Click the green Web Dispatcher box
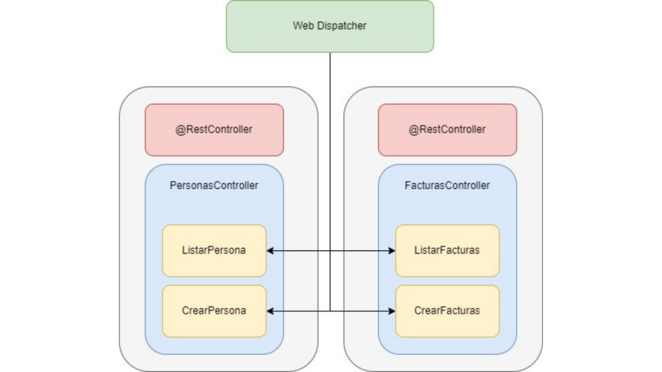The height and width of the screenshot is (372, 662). [330, 26]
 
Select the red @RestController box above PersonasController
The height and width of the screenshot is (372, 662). [214, 129]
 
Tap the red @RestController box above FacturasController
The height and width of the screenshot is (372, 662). [447, 129]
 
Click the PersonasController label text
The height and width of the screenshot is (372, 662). [214, 185]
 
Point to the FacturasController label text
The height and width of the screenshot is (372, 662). [447, 185]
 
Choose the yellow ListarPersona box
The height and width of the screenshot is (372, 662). [214, 250]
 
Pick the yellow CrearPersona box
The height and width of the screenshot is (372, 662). [214, 311]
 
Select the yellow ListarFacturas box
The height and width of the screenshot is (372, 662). [447, 250]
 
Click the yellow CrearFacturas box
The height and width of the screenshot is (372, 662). [447, 311]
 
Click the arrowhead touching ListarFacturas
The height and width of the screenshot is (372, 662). [392, 250]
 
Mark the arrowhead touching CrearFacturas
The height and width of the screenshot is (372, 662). [392, 311]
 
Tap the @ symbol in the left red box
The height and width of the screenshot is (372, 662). [180, 129]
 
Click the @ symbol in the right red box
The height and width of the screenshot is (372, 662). [413, 129]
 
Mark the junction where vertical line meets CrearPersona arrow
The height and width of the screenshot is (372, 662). [330, 311]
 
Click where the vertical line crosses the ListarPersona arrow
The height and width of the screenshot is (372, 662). [330, 250]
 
